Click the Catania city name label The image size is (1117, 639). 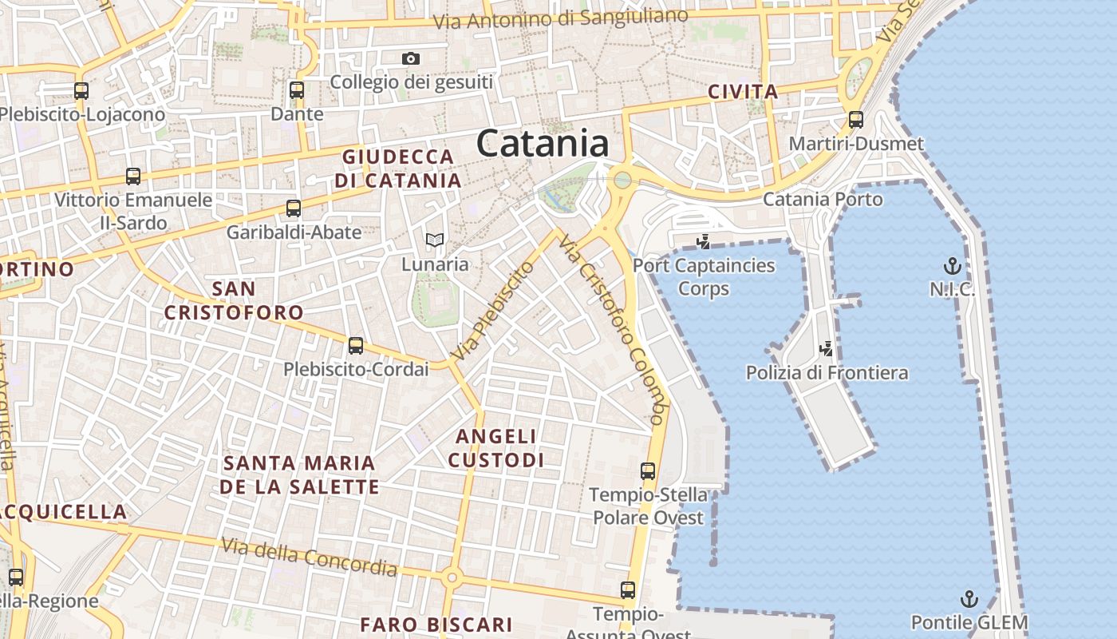pos(543,144)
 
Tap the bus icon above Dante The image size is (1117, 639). pos(297,90)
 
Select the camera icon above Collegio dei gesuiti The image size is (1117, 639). pos(411,58)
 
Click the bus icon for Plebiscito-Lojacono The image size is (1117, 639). pos(81,91)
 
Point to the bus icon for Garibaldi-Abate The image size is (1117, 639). pos(294,208)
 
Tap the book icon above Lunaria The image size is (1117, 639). pos(435,240)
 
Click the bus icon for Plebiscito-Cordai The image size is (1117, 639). pos(356,346)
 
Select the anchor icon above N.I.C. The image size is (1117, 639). pos(952,265)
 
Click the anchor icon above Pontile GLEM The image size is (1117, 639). pos(969,599)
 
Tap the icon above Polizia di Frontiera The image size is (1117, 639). pos(827,348)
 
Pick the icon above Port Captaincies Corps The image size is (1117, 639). pos(704,241)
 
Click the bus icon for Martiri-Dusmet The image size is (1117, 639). pos(856,120)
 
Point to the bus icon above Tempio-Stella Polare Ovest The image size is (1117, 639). pos(648,471)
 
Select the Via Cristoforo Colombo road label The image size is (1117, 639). pos(612,327)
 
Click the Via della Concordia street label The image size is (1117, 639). pos(309,557)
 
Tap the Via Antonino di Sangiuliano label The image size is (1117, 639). pos(560,18)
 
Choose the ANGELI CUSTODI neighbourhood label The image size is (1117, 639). pos(496,448)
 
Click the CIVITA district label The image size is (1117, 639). pos(743,92)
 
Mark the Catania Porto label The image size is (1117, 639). pos(823,199)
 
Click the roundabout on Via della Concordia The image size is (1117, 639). pos(452,577)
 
